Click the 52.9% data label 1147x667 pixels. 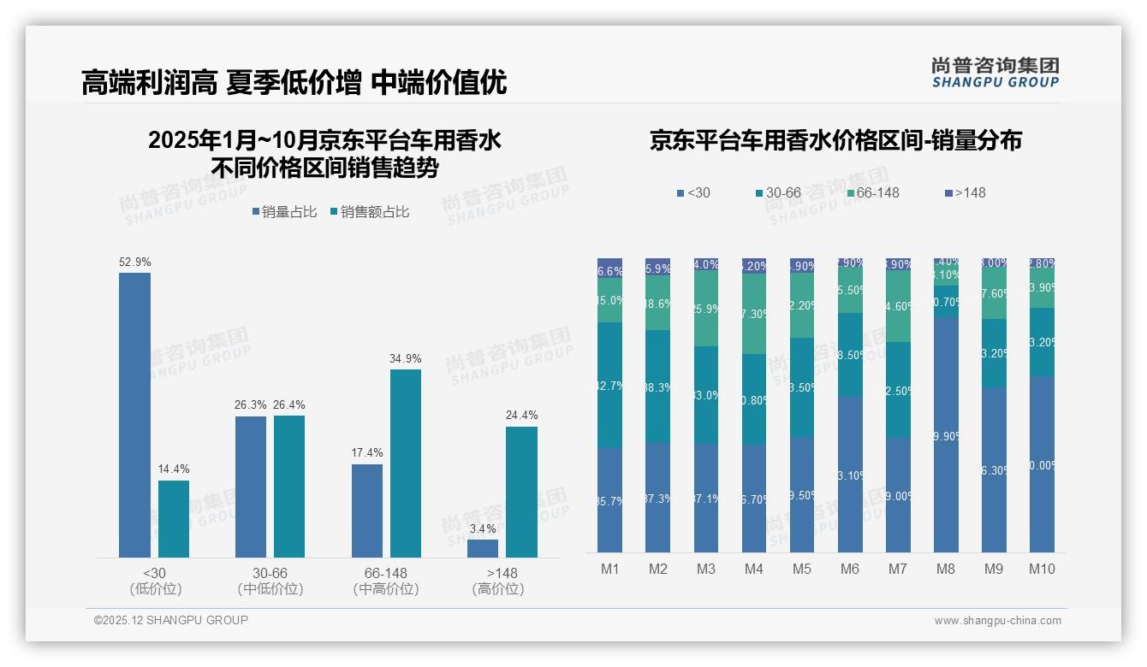click(x=134, y=262)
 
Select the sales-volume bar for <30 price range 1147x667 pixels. click(x=134, y=415)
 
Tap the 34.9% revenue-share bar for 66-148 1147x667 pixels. click(x=406, y=463)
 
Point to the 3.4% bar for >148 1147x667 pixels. click(x=483, y=548)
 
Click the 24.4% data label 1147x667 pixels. click(x=521, y=416)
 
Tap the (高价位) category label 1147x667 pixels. click(x=497, y=589)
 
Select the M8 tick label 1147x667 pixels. click(x=946, y=570)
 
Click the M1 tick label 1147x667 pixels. click(x=610, y=570)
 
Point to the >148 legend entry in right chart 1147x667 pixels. click(x=965, y=193)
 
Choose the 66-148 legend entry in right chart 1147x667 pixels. click(x=872, y=193)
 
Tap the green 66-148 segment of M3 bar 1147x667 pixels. click(x=706, y=309)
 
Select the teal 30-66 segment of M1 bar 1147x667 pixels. click(x=610, y=385)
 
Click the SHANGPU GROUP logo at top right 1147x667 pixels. click(x=995, y=72)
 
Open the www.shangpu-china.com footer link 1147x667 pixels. click(x=997, y=621)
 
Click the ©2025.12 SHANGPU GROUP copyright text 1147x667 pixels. click(x=171, y=620)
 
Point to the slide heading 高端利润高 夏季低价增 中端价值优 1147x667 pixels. click(x=294, y=82)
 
